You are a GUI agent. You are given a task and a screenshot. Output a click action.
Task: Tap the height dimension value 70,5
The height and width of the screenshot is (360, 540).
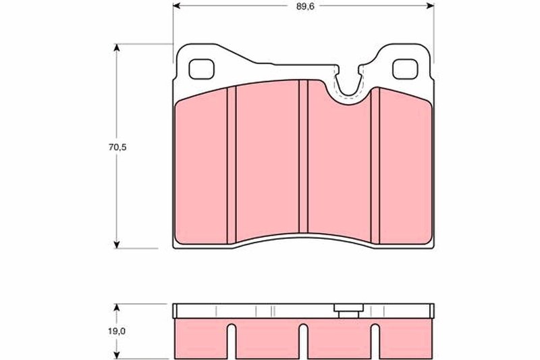point(101,147)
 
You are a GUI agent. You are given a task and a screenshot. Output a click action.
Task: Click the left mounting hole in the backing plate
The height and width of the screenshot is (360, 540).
point(200,68)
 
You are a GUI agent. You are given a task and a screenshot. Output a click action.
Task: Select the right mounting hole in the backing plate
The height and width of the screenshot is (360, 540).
point(406,68)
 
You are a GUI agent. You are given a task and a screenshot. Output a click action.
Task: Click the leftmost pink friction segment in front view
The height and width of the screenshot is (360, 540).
point(202,169)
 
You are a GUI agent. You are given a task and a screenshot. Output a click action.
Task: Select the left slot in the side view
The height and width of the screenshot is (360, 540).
point(232,341)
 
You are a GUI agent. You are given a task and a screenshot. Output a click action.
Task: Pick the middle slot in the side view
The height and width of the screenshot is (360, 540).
point(303,341)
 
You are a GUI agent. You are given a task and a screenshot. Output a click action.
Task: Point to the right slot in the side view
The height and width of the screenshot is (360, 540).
point(375,341)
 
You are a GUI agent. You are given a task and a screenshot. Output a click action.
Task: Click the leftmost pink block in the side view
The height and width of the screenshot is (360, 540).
point(200,338)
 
